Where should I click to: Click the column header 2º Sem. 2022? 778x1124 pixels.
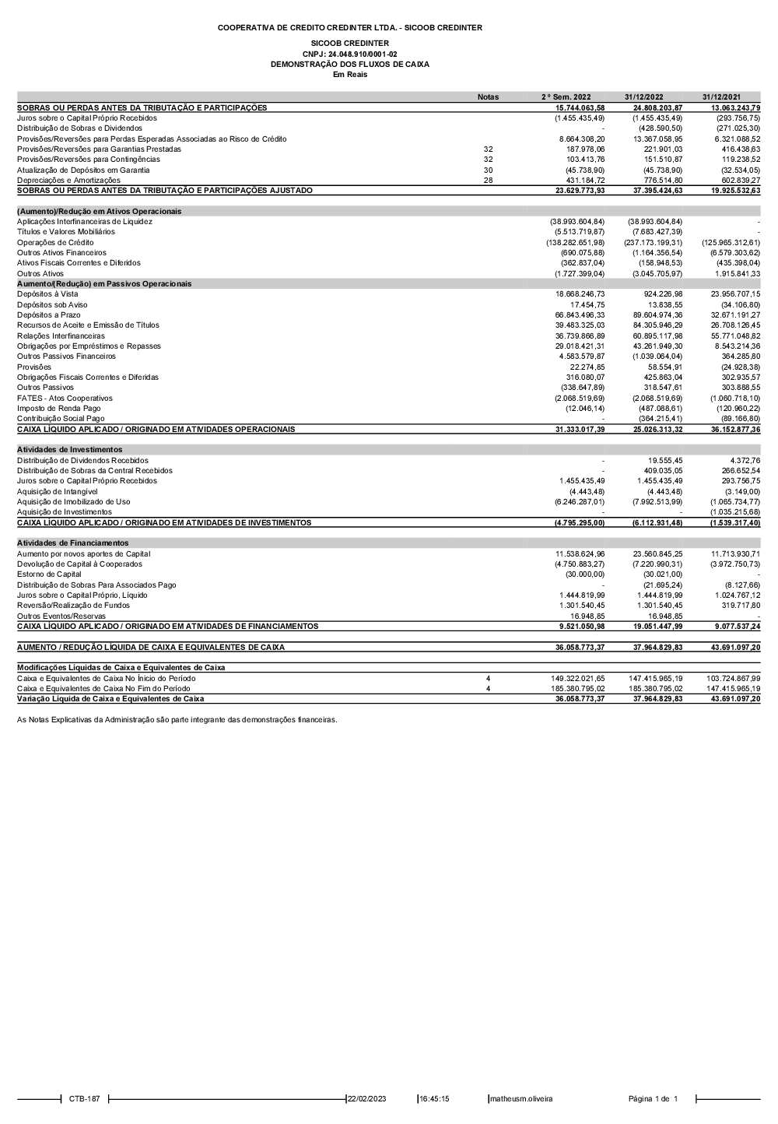[566, 97]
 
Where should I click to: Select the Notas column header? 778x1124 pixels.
[488, 97]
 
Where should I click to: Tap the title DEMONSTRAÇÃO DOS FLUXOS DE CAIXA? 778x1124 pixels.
[349, 65]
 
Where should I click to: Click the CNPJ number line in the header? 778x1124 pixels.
[349, 54]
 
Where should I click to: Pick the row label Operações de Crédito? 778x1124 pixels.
[55, 243]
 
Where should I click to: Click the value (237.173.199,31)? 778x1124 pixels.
[654, 243]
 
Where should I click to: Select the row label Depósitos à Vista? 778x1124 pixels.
[47, 294]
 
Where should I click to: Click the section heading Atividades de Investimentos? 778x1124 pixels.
[69, 450]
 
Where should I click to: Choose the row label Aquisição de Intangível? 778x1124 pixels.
[58, 492]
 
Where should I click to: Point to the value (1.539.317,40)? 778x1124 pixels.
[734, 523]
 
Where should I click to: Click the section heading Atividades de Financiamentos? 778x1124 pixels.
[72, 543]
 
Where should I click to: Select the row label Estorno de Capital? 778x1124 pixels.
[49, 574]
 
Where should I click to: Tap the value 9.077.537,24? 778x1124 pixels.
[735, 627]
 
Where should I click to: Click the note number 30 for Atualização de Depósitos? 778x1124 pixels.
[488, 170]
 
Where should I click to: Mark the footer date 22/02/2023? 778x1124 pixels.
[366, 1099]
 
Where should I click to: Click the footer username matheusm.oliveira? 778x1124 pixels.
[520, 1099]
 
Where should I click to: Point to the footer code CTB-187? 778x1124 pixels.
[84, 1099]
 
